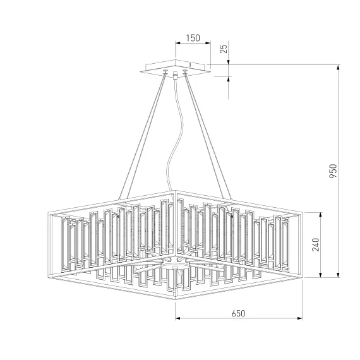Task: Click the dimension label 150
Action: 193,38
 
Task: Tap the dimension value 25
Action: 224,49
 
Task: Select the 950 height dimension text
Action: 333,171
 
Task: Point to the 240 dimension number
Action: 316,245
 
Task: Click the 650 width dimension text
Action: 238,313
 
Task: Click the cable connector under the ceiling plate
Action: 176,75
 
